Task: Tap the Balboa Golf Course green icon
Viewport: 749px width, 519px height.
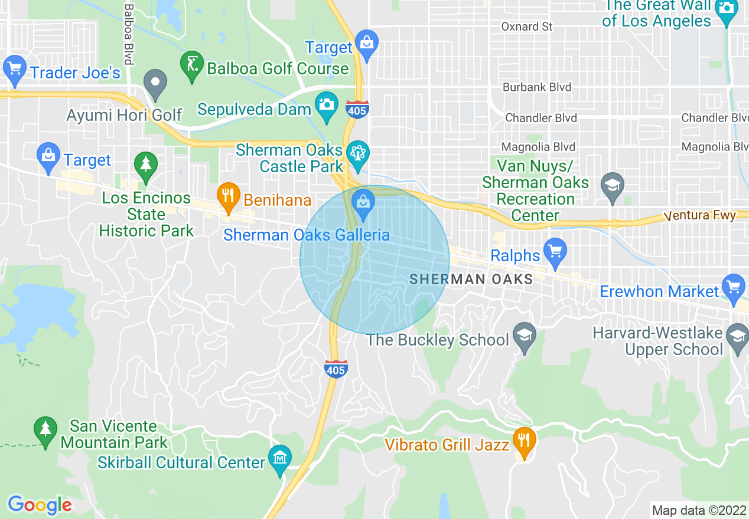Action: [191, 64]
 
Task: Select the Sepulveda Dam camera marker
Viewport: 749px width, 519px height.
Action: [326, 106]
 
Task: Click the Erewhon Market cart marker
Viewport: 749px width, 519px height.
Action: [734, 288]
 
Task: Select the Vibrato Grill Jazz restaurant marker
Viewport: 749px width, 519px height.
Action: [523, 441]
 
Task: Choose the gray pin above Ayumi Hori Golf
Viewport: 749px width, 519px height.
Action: [156, 83]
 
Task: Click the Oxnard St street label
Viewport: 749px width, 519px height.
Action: [527, 27]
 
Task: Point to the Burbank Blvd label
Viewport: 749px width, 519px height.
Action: [537, 87]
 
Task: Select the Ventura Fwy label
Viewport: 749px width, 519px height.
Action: [700, 215]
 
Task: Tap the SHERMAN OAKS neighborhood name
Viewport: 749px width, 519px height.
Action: [471, 279]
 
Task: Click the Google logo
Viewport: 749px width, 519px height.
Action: [40, 505]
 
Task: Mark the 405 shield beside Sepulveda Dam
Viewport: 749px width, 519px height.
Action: [358, 110]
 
